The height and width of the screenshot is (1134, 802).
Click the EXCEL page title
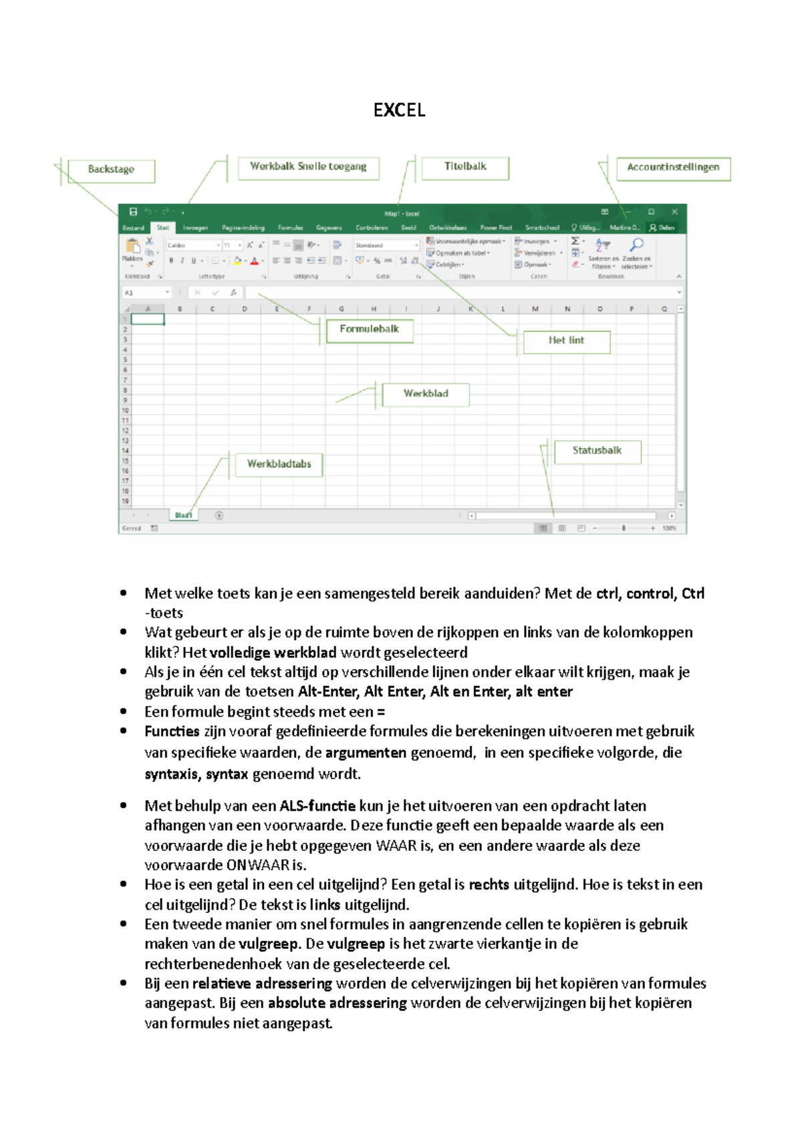pos(399,110)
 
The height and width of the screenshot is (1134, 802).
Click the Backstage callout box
pos(111,170)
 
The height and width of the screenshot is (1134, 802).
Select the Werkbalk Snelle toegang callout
pos(308,167)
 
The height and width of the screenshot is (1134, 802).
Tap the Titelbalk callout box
pos(465,167)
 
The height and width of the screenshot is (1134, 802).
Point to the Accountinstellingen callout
pos(673,168)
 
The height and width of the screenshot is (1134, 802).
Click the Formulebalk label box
pos(369,329)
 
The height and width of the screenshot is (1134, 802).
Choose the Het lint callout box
pos(566,341)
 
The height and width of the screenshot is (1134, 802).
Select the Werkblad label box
pos(426,394)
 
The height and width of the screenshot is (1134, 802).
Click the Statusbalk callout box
pos(597,451)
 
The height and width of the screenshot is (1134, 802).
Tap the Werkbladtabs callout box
pos(279,464)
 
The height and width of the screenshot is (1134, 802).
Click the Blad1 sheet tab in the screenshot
pos(183,515)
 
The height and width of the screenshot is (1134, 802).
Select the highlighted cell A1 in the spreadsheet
pos(148,319)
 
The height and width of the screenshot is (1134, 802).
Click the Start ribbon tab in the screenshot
pos(163,228)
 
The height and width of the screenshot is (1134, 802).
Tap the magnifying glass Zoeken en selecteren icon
pos(637,245)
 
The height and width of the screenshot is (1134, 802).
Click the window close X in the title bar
pos(674,212)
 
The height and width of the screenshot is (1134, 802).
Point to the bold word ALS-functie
pos(317,806)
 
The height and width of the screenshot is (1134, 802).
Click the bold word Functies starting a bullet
pos(172,731)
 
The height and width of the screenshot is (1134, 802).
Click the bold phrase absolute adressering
pos(337,1003)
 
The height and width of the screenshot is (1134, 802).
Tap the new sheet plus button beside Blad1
pos(219,516)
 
